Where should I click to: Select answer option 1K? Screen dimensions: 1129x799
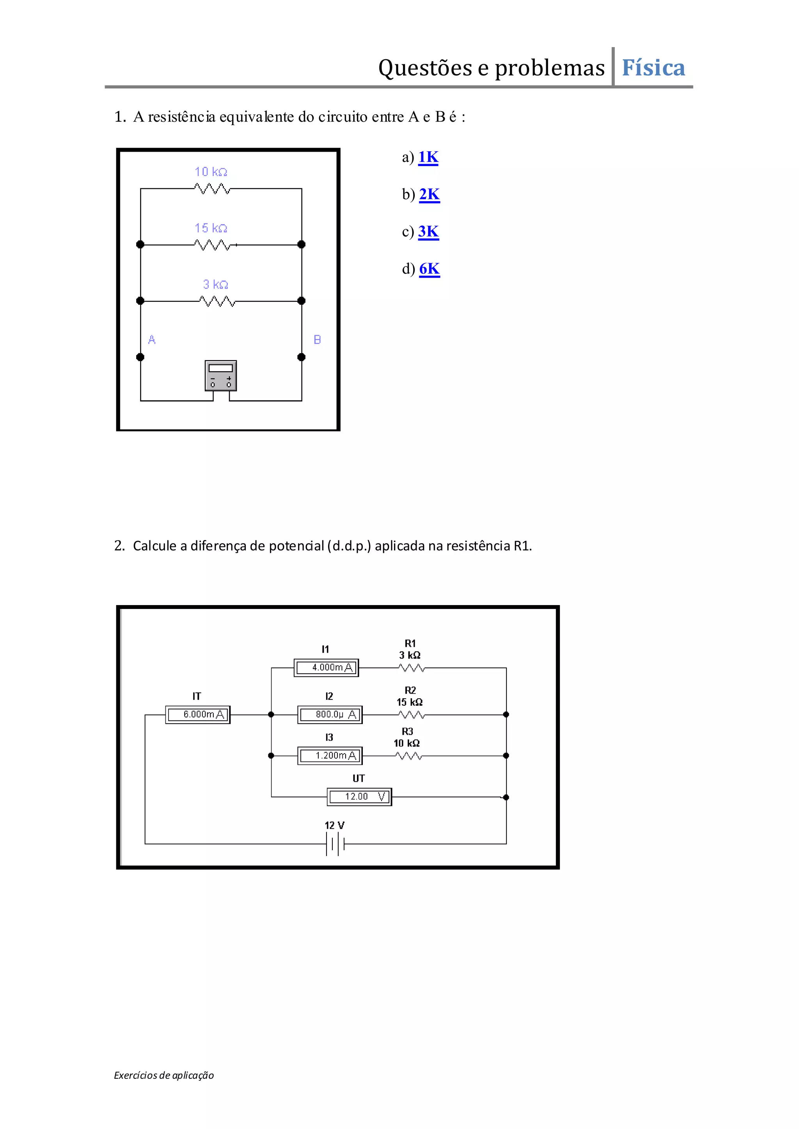(428, 157)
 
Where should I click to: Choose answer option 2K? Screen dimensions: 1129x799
(429, 195)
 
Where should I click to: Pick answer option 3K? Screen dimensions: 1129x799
(428, 232)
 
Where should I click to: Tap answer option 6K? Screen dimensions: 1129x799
(429, 269)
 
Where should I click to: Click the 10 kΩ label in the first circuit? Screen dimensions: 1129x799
(211, 172)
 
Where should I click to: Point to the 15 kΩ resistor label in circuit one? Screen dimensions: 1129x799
(211, 228)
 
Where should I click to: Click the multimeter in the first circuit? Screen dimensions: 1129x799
(220, 376)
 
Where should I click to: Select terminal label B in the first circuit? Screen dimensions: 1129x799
(317, 340)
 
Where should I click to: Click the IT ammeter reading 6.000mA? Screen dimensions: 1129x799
(198, 715)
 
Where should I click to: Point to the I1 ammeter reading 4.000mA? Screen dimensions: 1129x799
(326, 668)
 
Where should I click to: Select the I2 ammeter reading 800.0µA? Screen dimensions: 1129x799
(330, 715)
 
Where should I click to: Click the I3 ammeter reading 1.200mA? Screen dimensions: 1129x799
(330, 756)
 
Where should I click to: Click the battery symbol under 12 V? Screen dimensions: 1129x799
(335, 844)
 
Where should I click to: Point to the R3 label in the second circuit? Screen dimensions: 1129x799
(407, 732)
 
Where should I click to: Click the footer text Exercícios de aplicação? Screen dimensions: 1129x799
(164, 1076)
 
